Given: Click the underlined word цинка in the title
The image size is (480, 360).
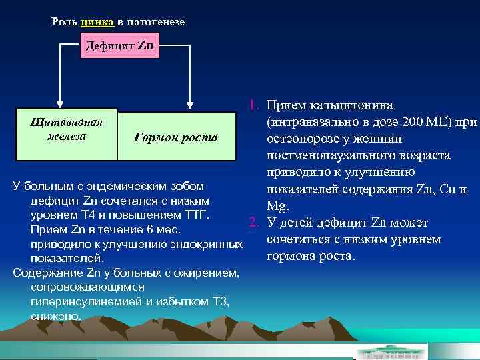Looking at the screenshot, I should [98, 22].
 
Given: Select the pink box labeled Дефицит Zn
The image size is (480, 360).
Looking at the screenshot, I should [120, 46].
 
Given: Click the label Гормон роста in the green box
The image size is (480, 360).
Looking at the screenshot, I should [176, 138].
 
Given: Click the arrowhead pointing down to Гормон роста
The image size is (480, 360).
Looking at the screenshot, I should [191, 104].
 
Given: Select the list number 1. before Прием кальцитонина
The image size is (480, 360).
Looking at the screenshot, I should [254, 105].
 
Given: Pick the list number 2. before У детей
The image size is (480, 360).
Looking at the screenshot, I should [254, 223].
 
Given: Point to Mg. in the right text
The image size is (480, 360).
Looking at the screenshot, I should [277, 206].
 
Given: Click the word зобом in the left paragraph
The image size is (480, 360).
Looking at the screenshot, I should [187, 185].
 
